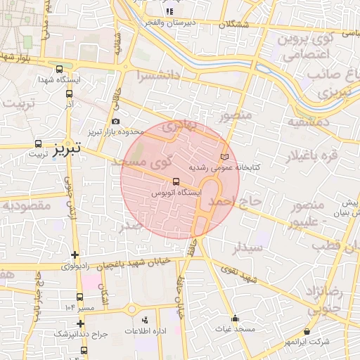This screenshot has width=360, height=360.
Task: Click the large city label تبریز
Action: click(x=79, y=148)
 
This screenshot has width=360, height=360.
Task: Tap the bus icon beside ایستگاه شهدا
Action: click(x=60, y=70)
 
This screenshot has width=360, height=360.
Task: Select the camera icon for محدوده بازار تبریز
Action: click(x=115, y=122)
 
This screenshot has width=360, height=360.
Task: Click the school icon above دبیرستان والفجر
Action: click(x=169, y=12)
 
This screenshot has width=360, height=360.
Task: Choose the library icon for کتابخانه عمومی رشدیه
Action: click(x=224, y=156)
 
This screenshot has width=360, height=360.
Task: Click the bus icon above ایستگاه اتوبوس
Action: click(x=176, y=181)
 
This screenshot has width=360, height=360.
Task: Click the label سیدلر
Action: click(x=247, y=247)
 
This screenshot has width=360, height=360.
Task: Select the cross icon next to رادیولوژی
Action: click(x=75, y=255)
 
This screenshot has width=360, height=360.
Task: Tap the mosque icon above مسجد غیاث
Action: click(x=236, y=318)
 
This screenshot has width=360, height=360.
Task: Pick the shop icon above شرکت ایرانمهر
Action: click(x=306, y=331)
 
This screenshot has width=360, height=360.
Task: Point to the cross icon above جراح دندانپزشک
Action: click(x=81, y=323)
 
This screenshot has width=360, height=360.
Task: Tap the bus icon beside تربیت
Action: click(x=37, y=143)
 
